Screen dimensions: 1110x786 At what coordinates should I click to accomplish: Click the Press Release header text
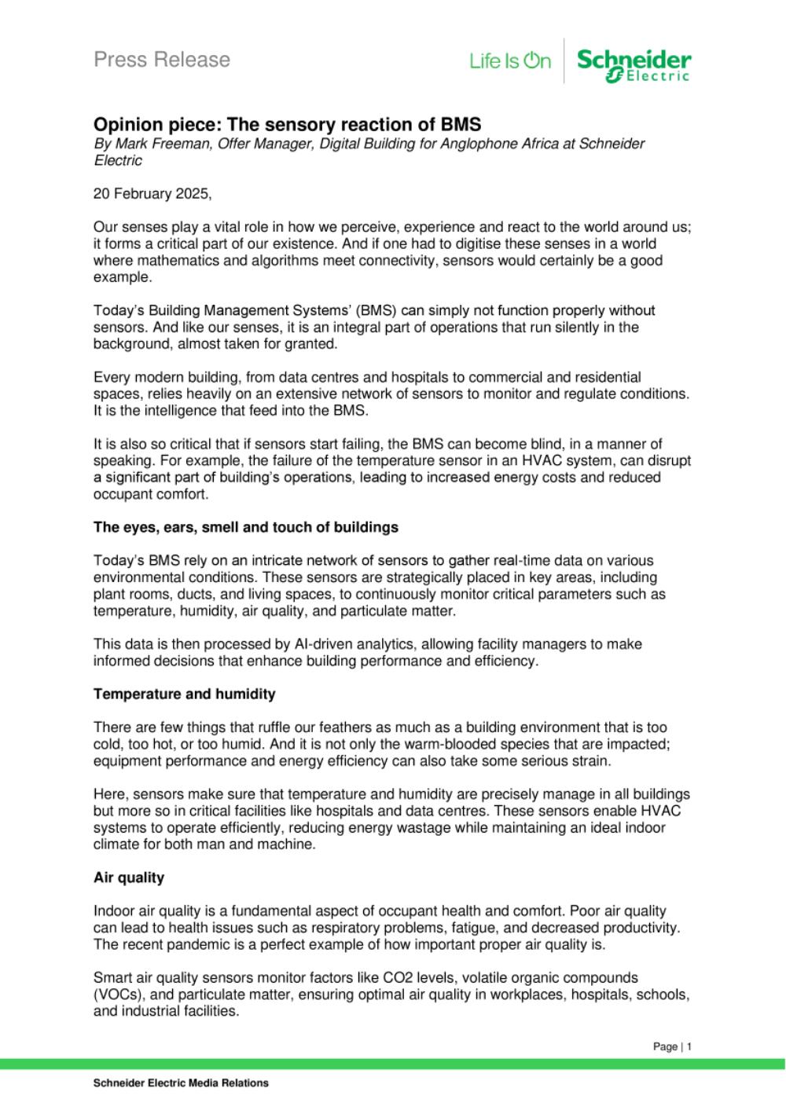pos(162,60)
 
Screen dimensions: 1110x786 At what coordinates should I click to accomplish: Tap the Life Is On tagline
pos(510,60)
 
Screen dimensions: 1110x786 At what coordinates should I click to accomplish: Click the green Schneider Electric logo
pos(634,64)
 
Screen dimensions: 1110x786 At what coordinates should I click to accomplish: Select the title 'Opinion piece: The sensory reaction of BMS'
pos(287,124)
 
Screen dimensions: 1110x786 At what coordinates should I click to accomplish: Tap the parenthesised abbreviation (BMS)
pos(377,310)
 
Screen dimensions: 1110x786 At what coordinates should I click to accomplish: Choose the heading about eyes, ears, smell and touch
pos(245,527)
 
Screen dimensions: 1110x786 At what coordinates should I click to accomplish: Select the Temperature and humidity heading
pos(184,694)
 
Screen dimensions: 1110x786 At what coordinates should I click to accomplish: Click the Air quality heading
pos(128,877)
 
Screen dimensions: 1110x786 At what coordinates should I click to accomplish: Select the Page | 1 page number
pos(672,1046)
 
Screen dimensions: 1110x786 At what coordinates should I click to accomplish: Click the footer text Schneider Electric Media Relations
pos(181,1083)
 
